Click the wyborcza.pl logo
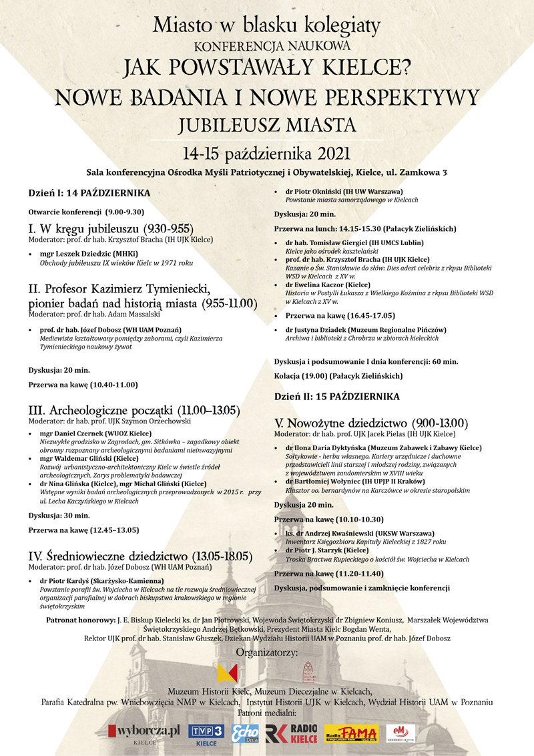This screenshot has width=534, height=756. pyautogui.click(x=149, y=733)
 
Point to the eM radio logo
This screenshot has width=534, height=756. pyautogui.click(x=400, y=733)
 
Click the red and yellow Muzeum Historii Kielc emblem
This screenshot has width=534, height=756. pyautogui.click(x=228, y=673)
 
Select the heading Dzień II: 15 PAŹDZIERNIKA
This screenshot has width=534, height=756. pyautogui.click(x=337, y=396)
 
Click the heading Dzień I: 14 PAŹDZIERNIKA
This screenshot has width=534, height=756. pyautogui.click(x=89, y=193)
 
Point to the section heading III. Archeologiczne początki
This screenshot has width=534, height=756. pyautogui.click(x=133, y=409)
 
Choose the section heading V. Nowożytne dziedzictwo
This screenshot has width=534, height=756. pyautogui.click(x=371, y=423)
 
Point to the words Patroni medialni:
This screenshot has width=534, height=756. pyautogui.click(x=267, y=713)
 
